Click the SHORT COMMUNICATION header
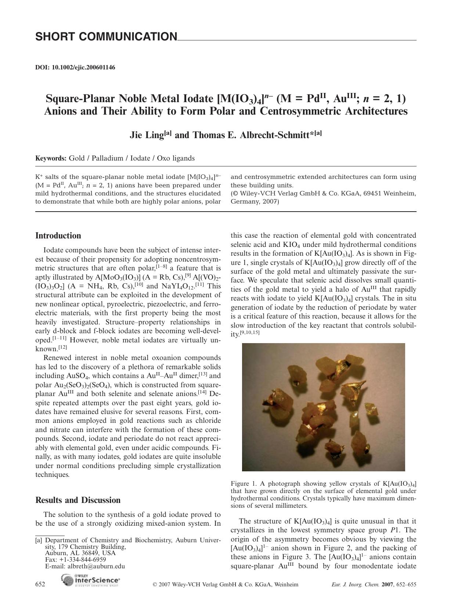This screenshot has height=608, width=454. (x=106, y=37)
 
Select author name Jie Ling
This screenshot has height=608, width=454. (x=147, y=136)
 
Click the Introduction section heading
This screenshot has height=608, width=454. (x=58, y=236)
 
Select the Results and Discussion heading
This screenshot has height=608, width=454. (x=78, y=500)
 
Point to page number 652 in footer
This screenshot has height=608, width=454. (x=40, y=584)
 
